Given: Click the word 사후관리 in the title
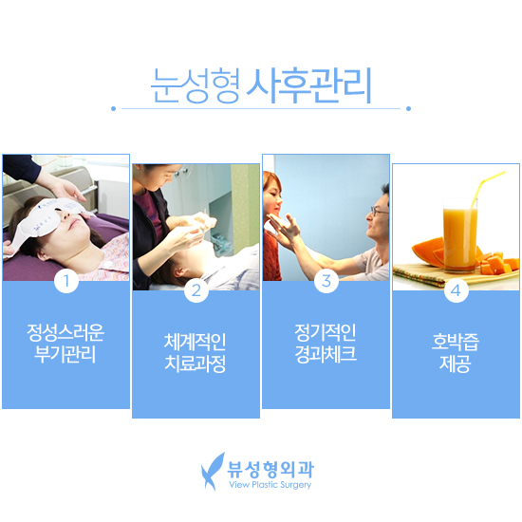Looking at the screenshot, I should point(308,86).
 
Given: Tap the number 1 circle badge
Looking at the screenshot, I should point(65,281).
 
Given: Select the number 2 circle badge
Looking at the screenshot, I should point(196,290).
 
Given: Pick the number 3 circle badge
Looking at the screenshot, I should point(326,281).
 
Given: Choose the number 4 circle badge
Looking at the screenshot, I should point(457,290).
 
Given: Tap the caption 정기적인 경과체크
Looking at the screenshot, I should point(326,343).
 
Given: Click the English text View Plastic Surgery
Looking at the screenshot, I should point(270,485).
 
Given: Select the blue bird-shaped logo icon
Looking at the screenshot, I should point(214,471).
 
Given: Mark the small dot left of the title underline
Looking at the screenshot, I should point(113,108).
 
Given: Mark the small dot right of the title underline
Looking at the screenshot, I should point(409,108).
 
